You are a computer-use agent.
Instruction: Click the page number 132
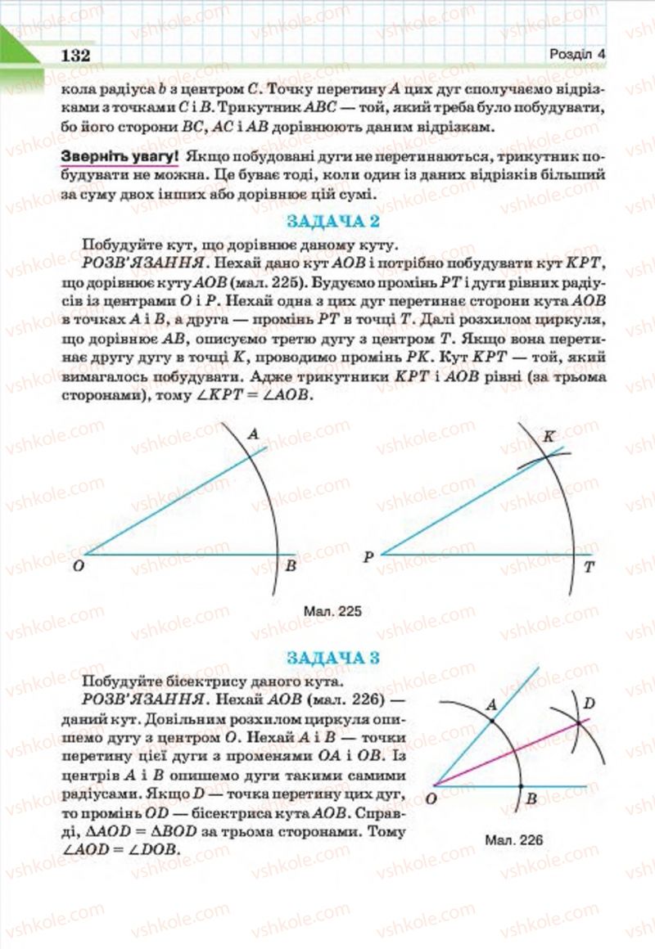click(x=74, y=55)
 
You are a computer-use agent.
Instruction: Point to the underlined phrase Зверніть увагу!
click(x=120, y=155)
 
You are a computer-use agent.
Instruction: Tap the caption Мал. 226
click(x=513, y=839)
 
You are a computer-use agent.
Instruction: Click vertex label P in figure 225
click(x=368, y=557)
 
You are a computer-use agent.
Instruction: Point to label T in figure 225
click(x=589, y=566)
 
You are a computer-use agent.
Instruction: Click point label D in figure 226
click(x=589, y=704)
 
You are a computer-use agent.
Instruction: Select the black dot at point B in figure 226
click(x=522, y=786)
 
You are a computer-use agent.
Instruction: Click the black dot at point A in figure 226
click(x=490, y=721)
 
